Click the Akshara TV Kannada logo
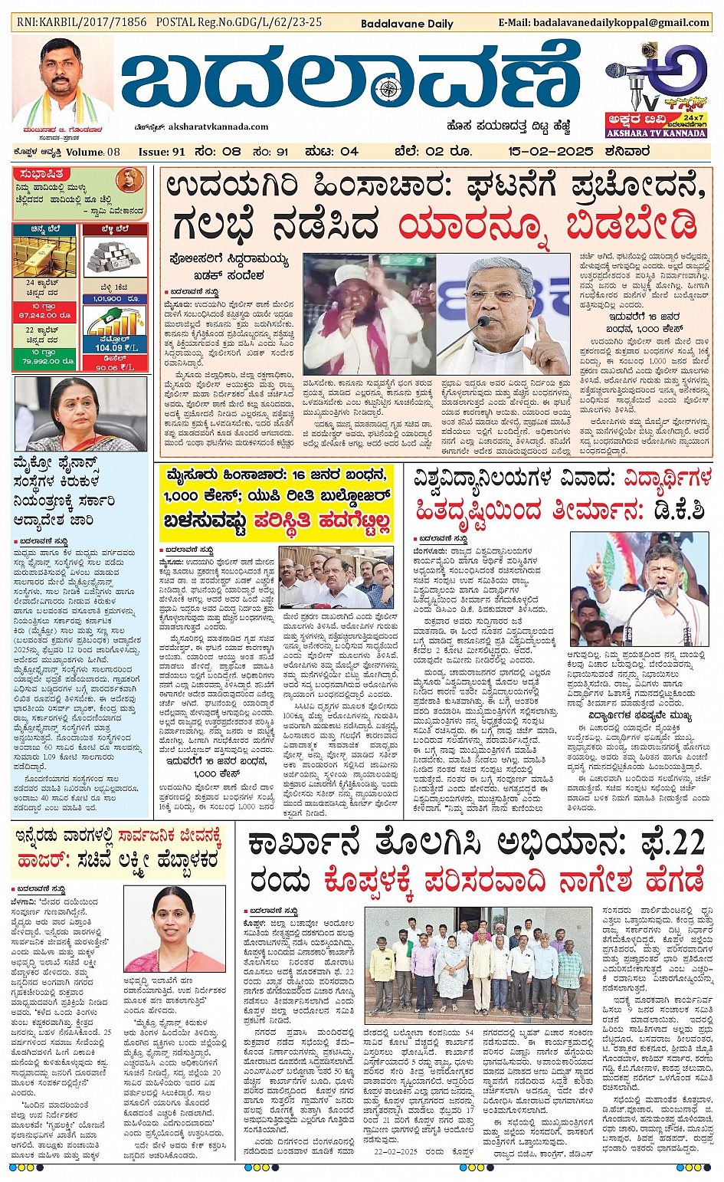(x=656, y=90)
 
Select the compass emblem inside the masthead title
(x=390, y=90)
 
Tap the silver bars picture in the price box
(x=115, y=258)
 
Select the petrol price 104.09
(x=110, y=348)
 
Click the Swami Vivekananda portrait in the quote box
(x=129, y=182)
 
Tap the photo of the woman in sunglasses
(x=80, y=414)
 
